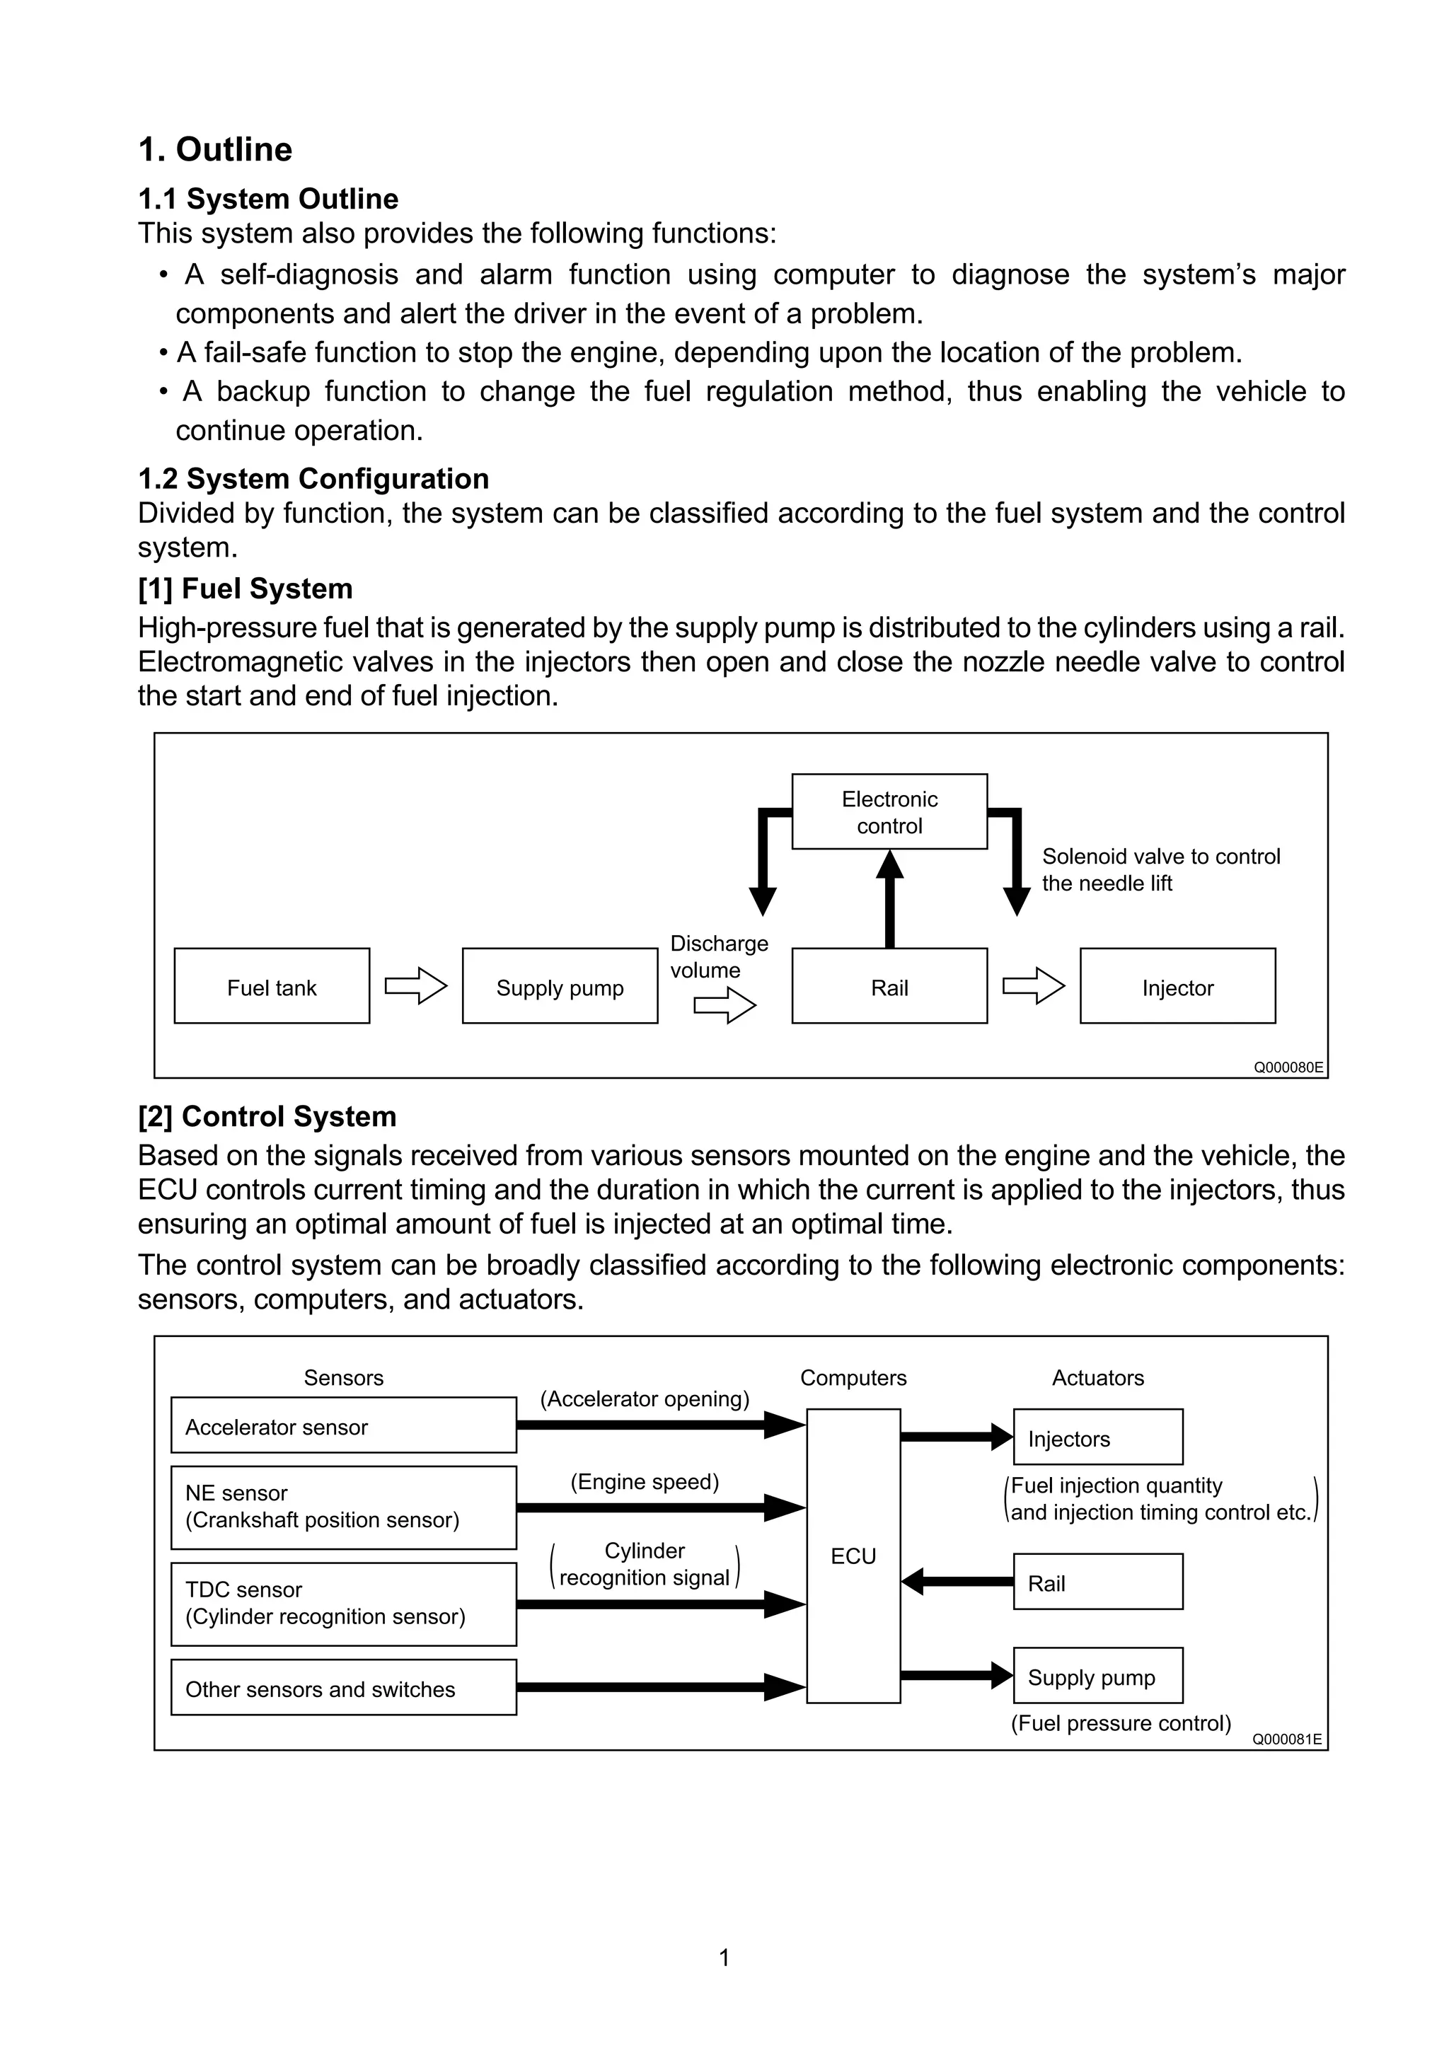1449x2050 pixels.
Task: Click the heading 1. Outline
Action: click(215, 149)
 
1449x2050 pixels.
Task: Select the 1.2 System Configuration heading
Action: click(313, 479)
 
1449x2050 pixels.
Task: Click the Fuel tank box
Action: click(272, 987)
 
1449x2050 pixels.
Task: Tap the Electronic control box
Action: click(889, 811)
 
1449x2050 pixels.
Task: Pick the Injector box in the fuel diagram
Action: click(1177, 987)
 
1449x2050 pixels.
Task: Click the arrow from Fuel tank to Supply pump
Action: click(415, 985)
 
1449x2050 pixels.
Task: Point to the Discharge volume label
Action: click(718, 956)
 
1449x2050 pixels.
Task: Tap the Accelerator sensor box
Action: click(343, 1427)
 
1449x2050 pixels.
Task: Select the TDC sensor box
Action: click(343, 1604)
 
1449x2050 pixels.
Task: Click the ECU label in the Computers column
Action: click(853, 1556)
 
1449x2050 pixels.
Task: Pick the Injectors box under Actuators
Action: click(1097, 1440)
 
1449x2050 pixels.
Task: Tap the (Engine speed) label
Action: click(645, 1482)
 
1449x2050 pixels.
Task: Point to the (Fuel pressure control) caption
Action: click(1121, 1722)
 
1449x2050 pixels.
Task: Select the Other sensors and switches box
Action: click(343, 1689)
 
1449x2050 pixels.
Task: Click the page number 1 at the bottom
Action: click(724, 1957)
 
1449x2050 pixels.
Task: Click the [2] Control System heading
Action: click(267, 1116)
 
